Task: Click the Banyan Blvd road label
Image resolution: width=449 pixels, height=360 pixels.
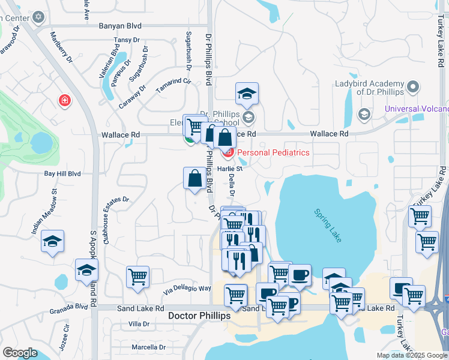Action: pos(122,26)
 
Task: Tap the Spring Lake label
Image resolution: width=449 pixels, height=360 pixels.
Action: pos(327,226)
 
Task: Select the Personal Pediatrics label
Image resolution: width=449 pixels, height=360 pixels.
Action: pos(273,152)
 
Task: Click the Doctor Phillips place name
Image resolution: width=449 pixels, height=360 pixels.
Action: pos(198,316)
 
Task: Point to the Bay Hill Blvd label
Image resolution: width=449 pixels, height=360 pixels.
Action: pos(62,174)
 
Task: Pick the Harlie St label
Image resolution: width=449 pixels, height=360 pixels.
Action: pos(229,169)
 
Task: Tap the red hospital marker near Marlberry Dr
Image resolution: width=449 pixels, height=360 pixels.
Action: pos(64,100)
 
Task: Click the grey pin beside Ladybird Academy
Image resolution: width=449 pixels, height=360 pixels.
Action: pos(412,88)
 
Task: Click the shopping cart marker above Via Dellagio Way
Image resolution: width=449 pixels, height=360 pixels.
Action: pos(137,277)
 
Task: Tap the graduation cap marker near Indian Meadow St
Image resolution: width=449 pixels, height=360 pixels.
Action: pos(53,241)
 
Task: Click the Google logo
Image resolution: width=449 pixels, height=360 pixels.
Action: pos(20,353)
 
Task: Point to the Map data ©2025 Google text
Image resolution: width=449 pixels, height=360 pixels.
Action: pos(411,355)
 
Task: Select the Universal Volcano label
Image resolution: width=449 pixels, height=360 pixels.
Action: pos(416,109)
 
